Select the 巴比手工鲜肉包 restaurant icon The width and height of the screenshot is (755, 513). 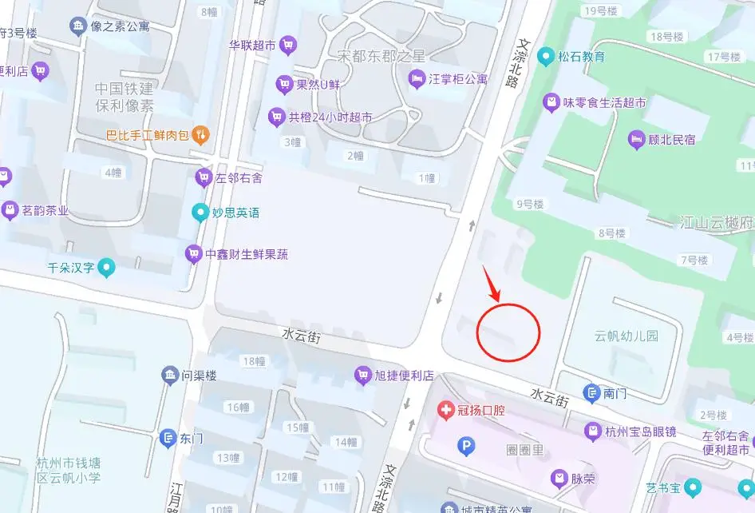tap(202, 135)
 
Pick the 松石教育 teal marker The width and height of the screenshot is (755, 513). tap(546, 57)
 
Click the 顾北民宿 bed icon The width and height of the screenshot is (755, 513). tap(636, 140)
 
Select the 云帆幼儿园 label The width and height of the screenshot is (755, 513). tap(627, 336)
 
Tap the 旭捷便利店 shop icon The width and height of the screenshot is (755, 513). tap(363, 375)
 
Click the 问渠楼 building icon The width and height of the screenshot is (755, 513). tap(169, 375)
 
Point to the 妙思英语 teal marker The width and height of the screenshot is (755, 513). tap(200, 213)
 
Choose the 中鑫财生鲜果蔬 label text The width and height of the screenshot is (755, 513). tap(247, 255)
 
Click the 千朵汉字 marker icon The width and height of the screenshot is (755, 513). tap(106, 268)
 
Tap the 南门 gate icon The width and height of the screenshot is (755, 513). tap(591, 393)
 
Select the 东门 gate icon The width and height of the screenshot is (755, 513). tap(168, 438)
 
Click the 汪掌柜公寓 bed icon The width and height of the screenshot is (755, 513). tap(417, 78)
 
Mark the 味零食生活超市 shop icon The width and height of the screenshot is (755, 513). tap(551, 102)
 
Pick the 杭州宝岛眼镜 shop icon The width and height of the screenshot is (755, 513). tap(592, 432)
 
